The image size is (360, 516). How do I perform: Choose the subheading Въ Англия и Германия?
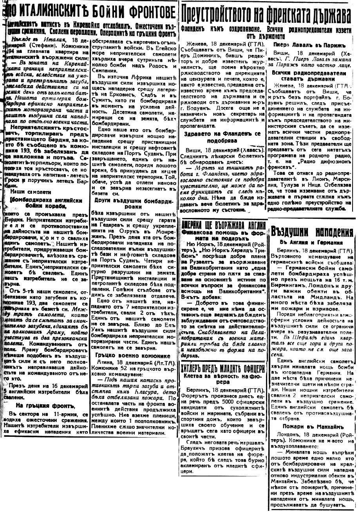[x=311, y=242]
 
